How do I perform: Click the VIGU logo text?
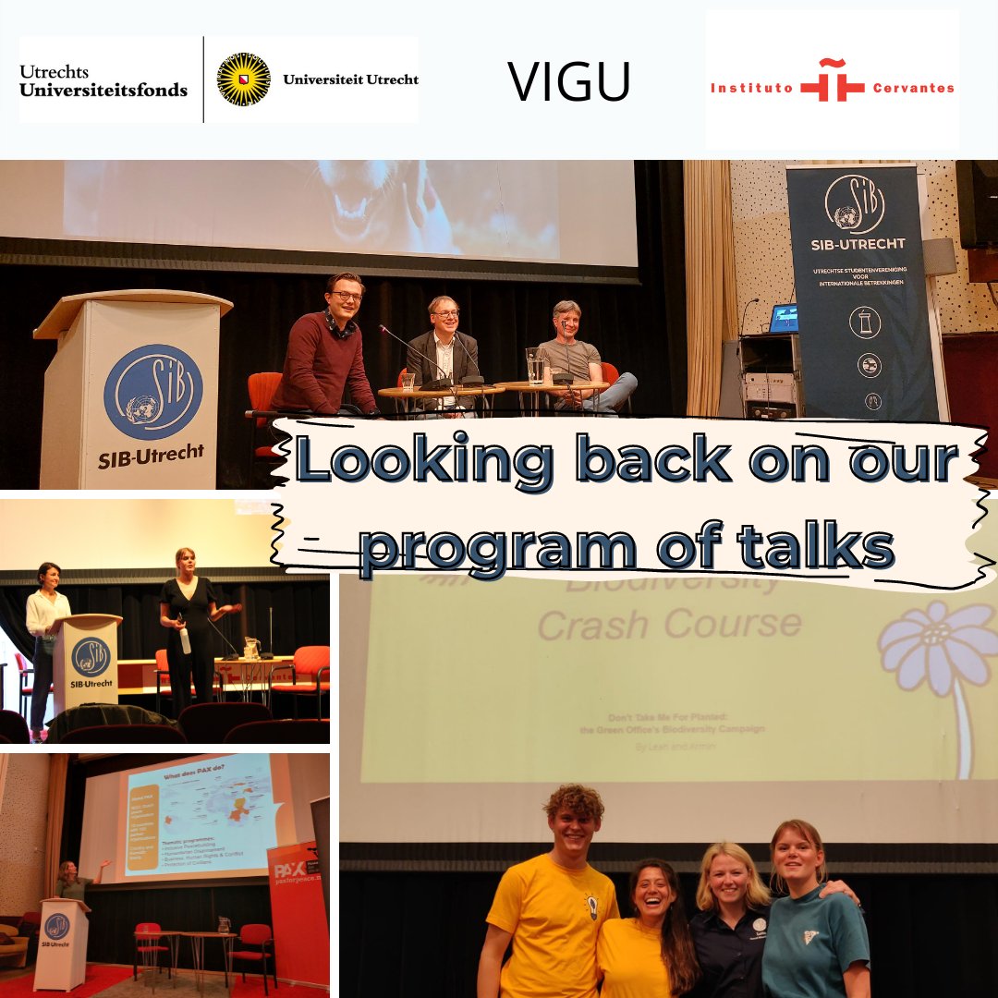pyautogui.click(x=568, y=81)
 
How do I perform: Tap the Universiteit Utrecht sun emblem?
pyautogui.click(x=243, y=79)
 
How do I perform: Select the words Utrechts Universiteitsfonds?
pyautogui.click(x=103, y=80)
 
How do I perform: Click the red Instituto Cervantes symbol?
pyautogui.click(x=832, y=81)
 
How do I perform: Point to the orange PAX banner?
pyautogui.click(x=298, y=906)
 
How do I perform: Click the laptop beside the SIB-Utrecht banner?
pyautogui.click(x=784, y=317)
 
